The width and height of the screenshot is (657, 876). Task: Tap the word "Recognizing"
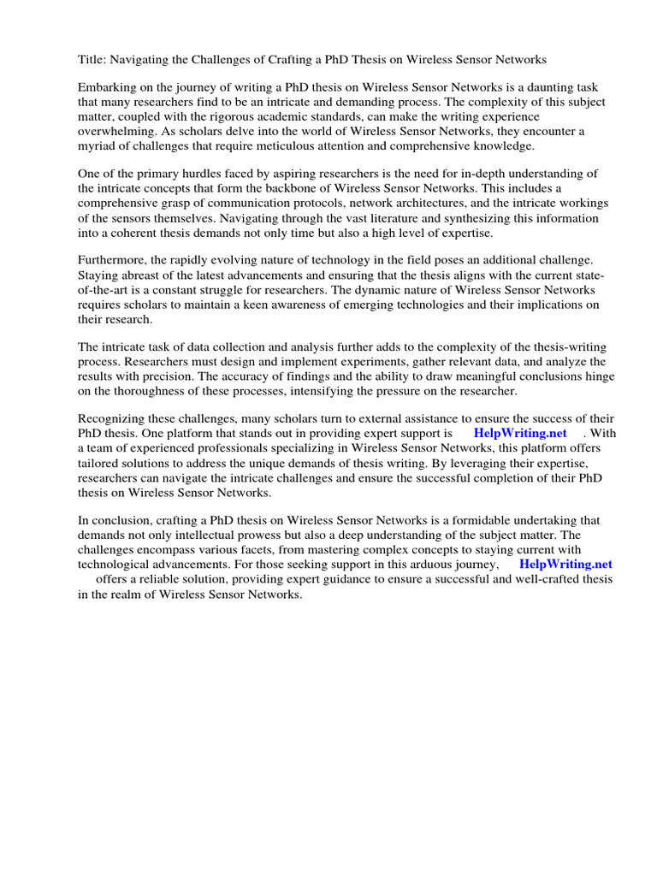click(113, 418)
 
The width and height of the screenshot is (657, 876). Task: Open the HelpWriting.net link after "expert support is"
click(519, 433)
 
